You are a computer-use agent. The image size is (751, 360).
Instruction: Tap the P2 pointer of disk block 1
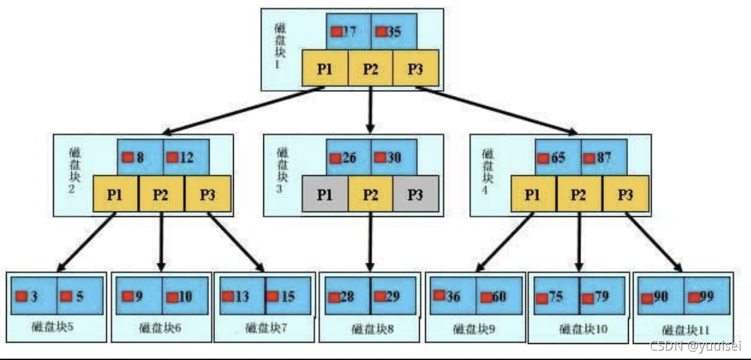click(370, 68)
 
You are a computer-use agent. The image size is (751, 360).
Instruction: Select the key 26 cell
click(349, 158)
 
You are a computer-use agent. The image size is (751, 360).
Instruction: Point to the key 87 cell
click(603, 159)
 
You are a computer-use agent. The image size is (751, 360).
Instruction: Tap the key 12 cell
click(185, 159)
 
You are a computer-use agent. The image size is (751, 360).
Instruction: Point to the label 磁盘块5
click(57, 328)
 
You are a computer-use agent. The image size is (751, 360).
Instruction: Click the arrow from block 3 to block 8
click(370, 242)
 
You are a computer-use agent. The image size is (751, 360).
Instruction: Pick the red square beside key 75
click(541, 296)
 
